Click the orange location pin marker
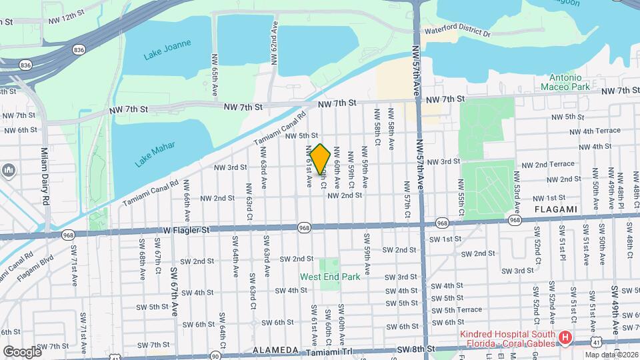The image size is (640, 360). coord(320,159)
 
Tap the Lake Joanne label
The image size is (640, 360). coord(167,50)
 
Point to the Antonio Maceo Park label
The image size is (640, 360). coord(569,82)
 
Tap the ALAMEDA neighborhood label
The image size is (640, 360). coord(275,350)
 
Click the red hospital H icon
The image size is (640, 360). coord(565,338)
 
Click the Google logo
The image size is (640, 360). coord(22,351)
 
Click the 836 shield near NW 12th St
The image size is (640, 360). coord(79,49)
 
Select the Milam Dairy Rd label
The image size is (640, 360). coord(45,177)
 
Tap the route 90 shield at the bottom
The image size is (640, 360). coord(215,357)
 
